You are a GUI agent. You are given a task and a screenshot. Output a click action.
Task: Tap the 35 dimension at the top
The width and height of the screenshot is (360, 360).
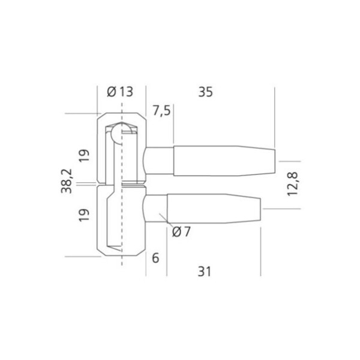205,92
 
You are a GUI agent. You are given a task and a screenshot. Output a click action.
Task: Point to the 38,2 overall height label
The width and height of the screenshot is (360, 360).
68,180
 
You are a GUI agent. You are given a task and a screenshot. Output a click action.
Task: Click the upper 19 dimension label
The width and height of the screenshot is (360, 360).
84,155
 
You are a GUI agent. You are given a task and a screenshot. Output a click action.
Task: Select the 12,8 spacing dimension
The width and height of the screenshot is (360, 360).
292,182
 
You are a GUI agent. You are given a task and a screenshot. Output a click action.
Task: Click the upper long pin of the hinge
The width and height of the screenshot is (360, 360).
222,161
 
